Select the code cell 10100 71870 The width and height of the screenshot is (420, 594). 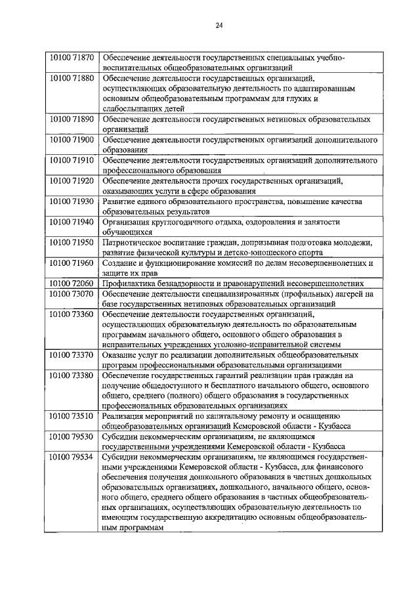tap(72, 57)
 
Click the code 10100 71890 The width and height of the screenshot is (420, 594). tap(72, 119)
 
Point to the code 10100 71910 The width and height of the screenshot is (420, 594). tap(72, 160)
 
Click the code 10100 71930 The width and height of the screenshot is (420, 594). tap(72, 201)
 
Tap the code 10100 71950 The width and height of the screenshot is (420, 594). tap(72, 242)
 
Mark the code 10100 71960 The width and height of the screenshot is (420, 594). tap(72, 263)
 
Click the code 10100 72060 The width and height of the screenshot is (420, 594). tap(72, 283)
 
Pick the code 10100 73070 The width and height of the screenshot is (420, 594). tap(72, 293)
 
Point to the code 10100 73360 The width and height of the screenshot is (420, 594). tap(72, 314)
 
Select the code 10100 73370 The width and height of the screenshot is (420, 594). tap(72, 355)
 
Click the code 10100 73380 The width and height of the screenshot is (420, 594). tap(72, 375)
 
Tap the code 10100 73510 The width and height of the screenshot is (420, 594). tap(72, 416)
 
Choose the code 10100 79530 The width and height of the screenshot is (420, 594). tap(72, 436)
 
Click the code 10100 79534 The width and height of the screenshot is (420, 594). tap(72, 457)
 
